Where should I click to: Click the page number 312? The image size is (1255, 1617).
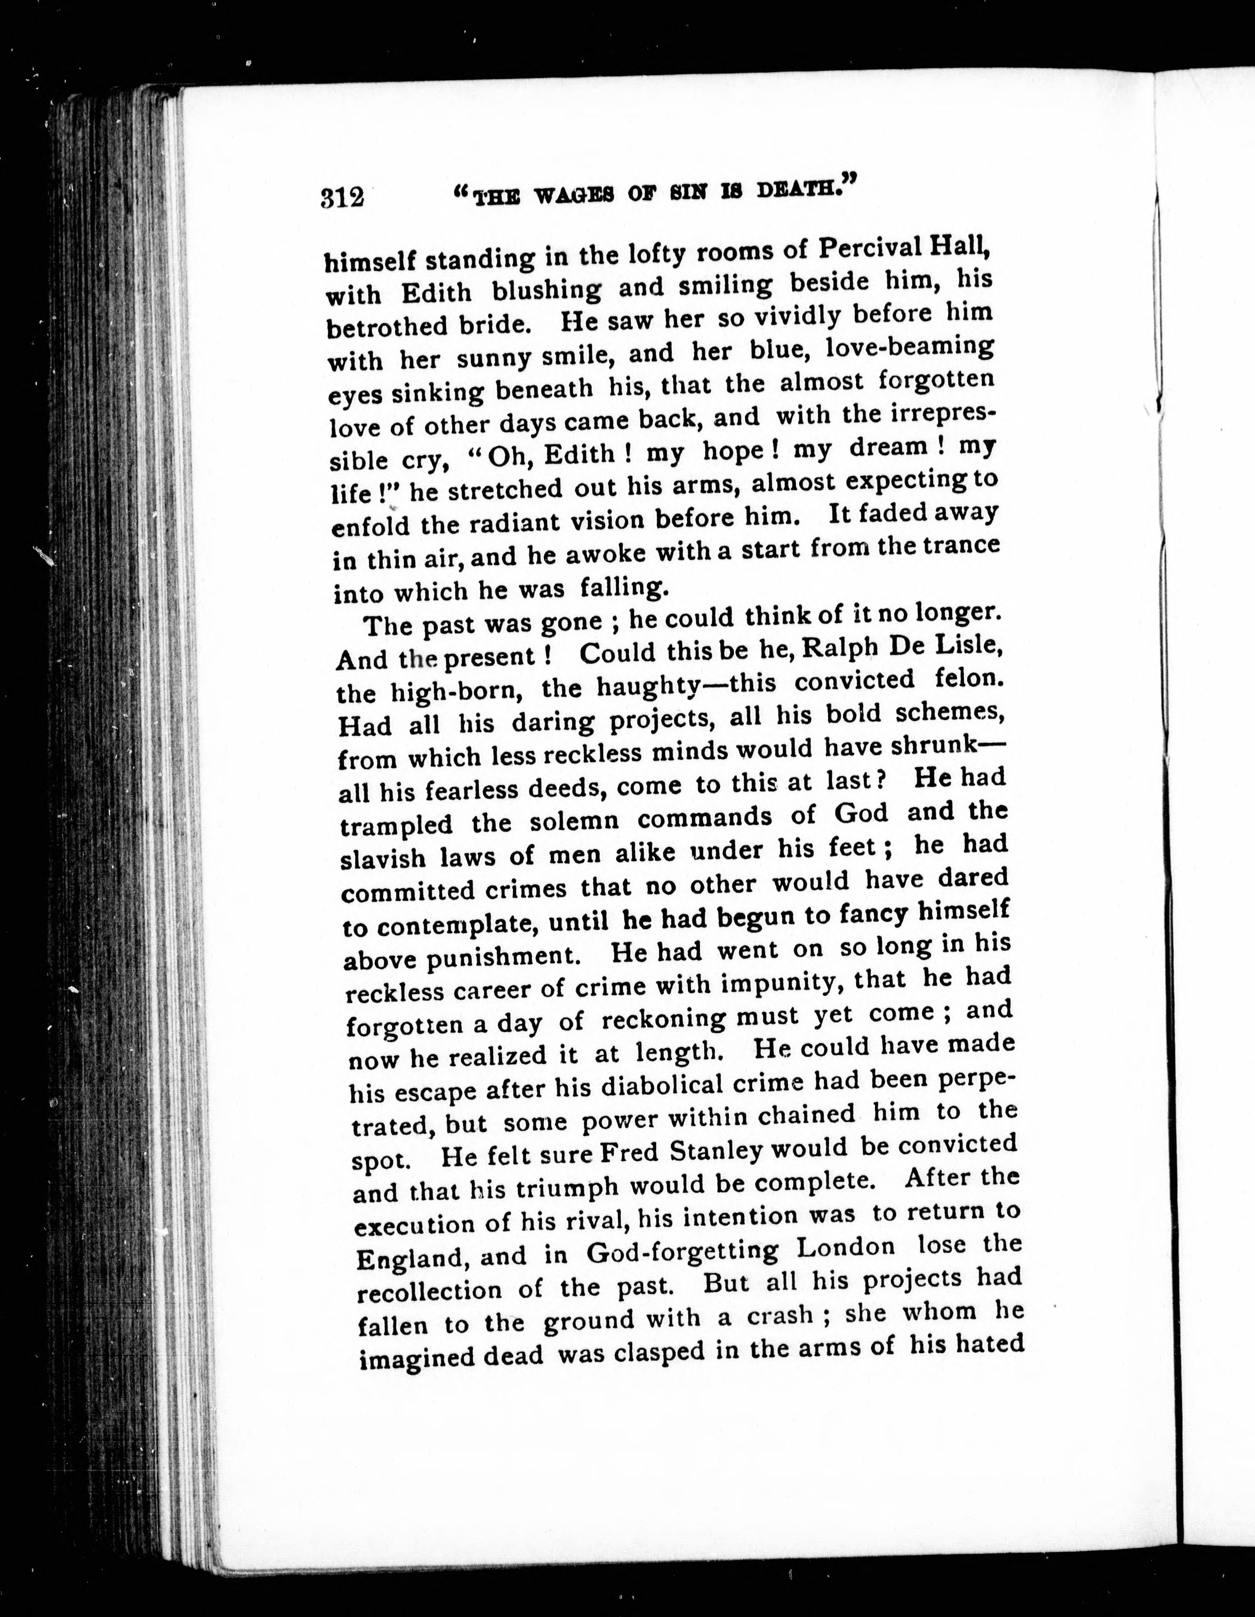coord(343,198)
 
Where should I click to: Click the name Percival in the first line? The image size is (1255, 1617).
coord(860,248)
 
